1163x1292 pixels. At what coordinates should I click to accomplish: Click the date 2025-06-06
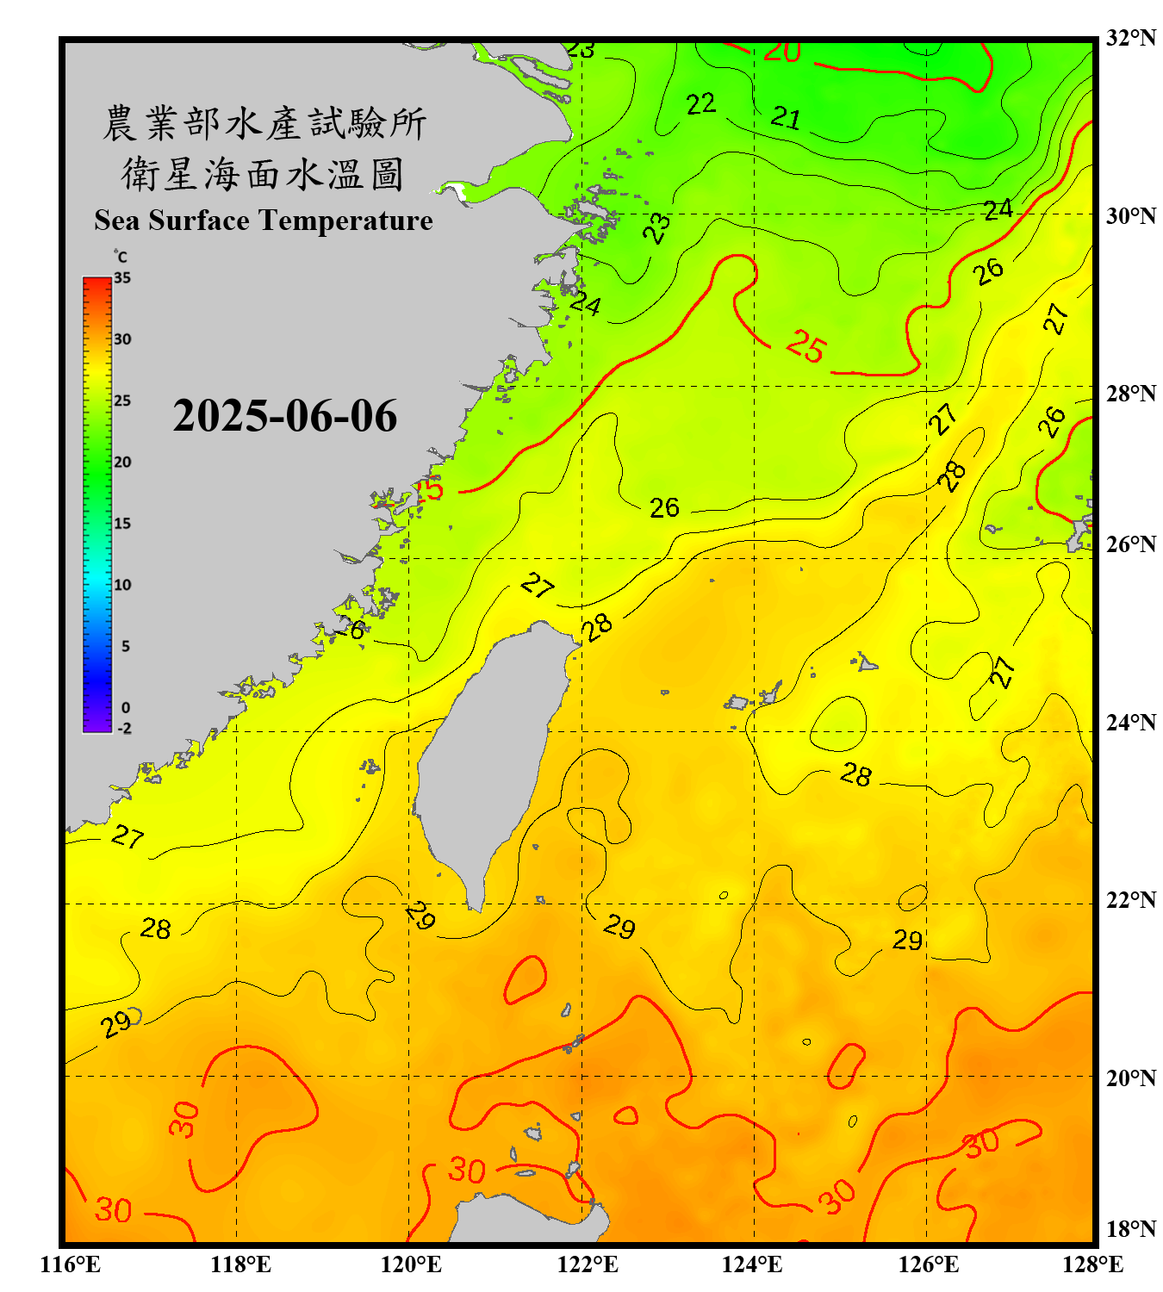(284, 416)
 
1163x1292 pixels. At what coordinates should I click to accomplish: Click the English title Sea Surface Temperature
(263, 221)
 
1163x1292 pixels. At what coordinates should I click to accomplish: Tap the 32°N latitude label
(1130, 38)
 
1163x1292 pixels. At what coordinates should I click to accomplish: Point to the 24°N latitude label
(1130, 722)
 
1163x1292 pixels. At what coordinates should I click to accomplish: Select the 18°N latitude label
(1130, 1229)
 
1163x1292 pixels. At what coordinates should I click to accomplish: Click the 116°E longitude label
(71, 1264)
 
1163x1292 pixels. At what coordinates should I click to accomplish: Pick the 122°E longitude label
(588, 1264)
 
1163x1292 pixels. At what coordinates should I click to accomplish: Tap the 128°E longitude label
(1092, 1264)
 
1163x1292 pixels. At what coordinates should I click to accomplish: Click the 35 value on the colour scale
(122, 277)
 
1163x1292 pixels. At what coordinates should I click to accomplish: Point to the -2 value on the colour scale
(124, 729)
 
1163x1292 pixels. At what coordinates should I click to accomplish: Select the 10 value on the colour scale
(122, 585)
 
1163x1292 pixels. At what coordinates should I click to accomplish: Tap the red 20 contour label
(782, 52)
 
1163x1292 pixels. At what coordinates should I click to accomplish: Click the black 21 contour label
(786, 116)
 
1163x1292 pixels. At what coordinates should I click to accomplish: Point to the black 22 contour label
(700, 104)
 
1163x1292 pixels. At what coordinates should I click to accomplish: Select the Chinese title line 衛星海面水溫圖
(263, 174)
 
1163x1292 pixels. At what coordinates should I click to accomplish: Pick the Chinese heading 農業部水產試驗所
(264, 123)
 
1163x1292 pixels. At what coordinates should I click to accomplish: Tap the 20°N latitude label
(1130, 1078)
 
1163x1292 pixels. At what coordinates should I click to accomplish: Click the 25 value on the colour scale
(122, 401)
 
